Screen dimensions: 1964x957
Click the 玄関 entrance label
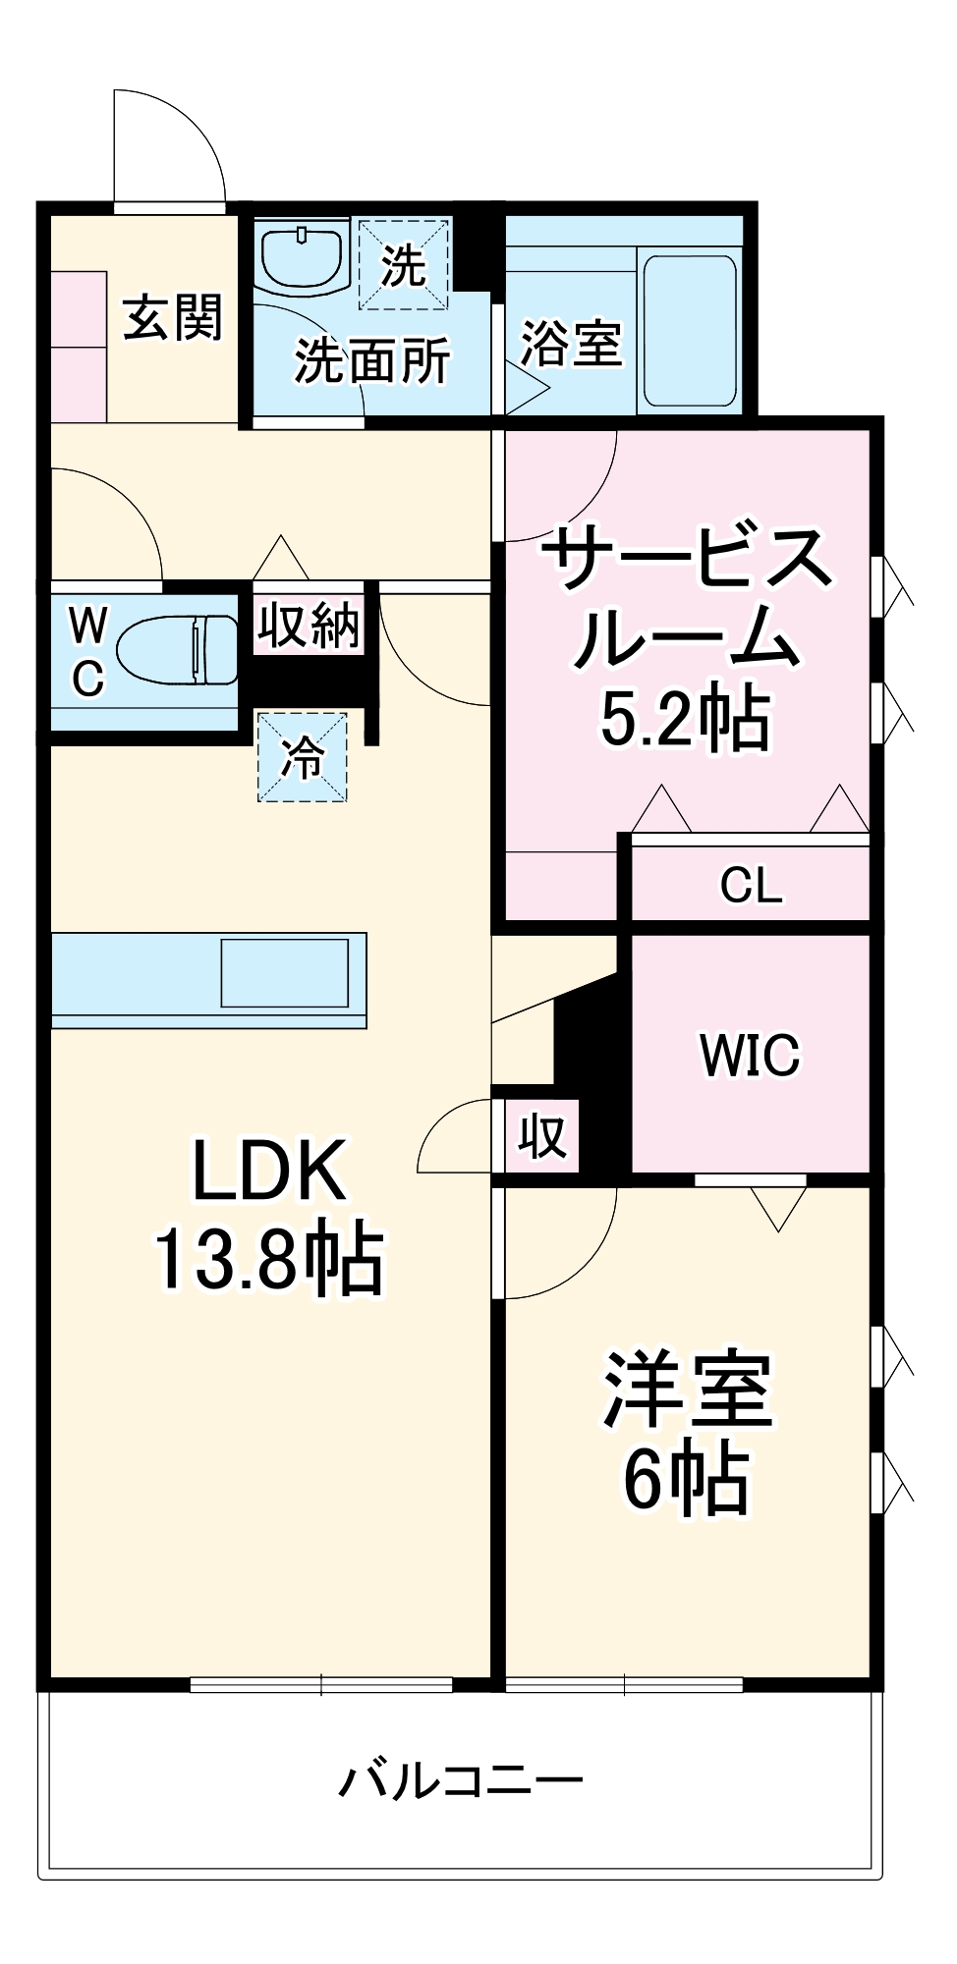(173, 318)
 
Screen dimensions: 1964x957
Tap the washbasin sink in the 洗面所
(302, 256)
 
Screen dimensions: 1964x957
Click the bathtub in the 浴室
(689, 331)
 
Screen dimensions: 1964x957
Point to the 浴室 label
(571, 344)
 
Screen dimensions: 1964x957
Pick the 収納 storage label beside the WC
(309, 625)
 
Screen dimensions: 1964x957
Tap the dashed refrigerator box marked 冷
(303, 757)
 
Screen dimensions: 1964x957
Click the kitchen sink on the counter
(284, 972)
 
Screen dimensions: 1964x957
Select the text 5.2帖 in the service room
(685, 720)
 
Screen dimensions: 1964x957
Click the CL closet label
(751, 886)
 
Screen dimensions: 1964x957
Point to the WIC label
(750, 1056)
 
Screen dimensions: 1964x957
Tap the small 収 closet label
(542, 1136)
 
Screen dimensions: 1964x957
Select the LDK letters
(269, 1171)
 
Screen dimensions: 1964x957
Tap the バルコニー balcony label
(462, 1780)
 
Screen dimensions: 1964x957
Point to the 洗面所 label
(372, 360)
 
